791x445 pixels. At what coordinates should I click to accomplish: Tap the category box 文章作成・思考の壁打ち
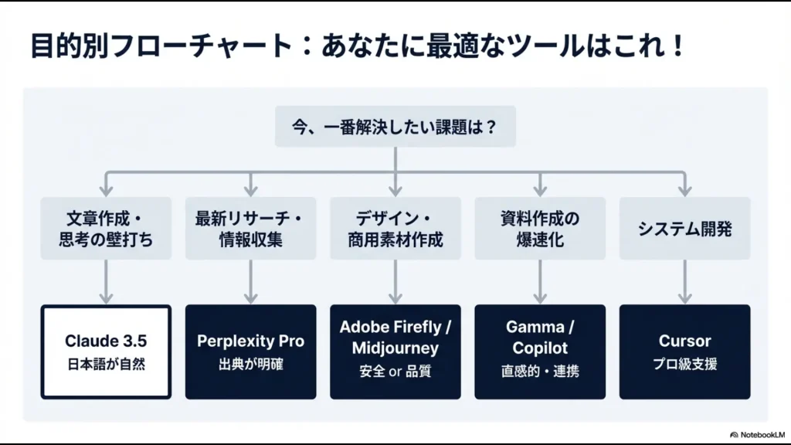click(106, 229)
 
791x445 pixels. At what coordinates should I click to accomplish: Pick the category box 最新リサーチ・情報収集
click(250, 229)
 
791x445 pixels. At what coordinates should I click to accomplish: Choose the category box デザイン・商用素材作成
click(395, 229)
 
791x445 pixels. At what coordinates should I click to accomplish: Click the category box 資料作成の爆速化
click(540, 229)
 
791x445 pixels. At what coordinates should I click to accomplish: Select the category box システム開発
click(684, 229)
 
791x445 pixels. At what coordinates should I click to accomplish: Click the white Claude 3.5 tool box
click(106, 352)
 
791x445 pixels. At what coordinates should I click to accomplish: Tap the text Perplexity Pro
click(250, 341)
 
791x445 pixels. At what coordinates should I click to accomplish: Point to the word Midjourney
click(395, 348)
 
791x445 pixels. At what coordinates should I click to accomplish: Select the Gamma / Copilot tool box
click(540, 352)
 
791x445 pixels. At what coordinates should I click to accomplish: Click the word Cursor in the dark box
click(684, 341)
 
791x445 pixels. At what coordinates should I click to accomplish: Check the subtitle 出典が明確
click(250, 364)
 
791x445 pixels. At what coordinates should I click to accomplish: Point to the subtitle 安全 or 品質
click(395, 372)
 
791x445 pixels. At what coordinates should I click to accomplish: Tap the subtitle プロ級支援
click(684, 364)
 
